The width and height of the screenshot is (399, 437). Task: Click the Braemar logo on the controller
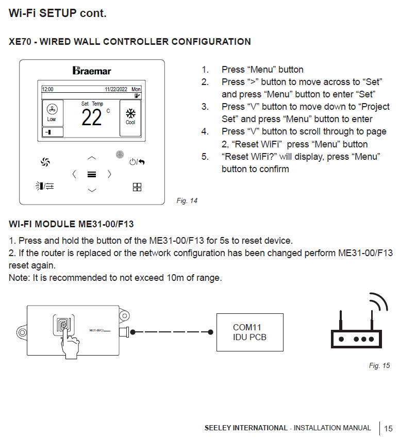92,70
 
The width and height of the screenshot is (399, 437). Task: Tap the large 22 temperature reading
92,118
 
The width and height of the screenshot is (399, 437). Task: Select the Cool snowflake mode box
130,117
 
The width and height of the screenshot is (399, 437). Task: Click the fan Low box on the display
52,113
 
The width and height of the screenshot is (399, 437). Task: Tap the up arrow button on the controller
92,158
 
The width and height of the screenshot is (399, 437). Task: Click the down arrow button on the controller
92,190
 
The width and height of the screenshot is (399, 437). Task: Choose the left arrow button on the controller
74,174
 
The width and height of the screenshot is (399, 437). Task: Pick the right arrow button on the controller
109,174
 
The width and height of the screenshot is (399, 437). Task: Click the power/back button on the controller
137,162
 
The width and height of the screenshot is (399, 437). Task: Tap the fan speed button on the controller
45,162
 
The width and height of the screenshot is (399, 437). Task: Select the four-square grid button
137,187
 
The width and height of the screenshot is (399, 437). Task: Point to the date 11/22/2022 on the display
115,89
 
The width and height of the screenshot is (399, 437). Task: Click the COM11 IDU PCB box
250,332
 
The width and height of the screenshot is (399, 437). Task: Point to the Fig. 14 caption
187,201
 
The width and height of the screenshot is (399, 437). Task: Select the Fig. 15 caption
379,365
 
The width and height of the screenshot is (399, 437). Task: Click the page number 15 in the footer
388,428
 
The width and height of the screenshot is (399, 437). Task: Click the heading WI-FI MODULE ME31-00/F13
71,224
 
